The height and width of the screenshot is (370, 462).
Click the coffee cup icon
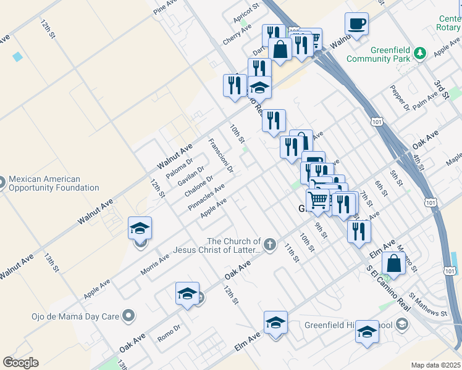(x=356, y=25)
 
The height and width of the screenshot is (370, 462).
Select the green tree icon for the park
(x=421, y=53)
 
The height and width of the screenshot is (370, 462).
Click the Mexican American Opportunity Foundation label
(x=54, y=183)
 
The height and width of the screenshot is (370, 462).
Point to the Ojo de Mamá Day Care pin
(x=128, y=316)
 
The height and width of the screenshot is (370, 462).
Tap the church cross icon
(x=269, y=245)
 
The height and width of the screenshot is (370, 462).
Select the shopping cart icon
(x=317, y=199)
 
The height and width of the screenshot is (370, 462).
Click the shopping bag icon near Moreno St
(x=393, y=263)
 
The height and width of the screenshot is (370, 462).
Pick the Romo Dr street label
(x=169, y=331)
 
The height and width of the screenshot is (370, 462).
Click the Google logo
(x=20, y=363)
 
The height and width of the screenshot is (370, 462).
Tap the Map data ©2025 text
(x=435, y=365)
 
